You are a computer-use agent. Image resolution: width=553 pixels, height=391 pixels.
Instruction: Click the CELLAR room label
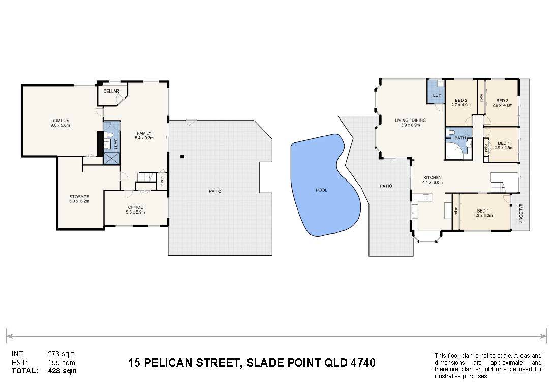pos(111,91)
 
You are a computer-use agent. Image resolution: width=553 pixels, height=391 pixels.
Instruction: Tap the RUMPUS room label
pos(60,121)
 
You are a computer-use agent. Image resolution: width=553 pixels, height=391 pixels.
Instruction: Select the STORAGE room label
pos(79,197)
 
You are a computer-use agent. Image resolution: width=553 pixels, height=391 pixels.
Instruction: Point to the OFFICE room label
pos(135,207)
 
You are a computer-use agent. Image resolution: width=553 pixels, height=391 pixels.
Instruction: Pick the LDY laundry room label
pos(437,95)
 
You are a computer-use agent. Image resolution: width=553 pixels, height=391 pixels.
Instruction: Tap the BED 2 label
pos(461,100)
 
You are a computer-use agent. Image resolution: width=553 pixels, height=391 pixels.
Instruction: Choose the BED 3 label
pos(502,101)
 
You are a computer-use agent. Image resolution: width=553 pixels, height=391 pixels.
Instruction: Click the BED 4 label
pos(504,143)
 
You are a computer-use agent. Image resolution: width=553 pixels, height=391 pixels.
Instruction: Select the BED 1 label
pos(483,210)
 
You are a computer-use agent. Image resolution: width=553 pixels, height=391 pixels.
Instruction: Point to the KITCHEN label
pos(433,177)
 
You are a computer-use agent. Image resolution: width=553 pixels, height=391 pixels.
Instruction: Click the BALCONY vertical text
pos(520,214)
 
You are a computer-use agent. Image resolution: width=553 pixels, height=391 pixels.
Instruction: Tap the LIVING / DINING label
pos(410,121)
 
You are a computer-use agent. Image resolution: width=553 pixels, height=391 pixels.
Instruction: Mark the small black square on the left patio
pos(182,156)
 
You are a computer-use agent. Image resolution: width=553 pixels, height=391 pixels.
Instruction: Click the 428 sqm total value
pos(62,371)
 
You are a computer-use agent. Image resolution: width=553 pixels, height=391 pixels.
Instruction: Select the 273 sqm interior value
pos(62,354)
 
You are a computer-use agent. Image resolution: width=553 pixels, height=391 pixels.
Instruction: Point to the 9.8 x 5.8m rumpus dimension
pos(60,125)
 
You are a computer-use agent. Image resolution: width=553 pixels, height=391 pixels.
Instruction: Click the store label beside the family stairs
pos(162,181)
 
